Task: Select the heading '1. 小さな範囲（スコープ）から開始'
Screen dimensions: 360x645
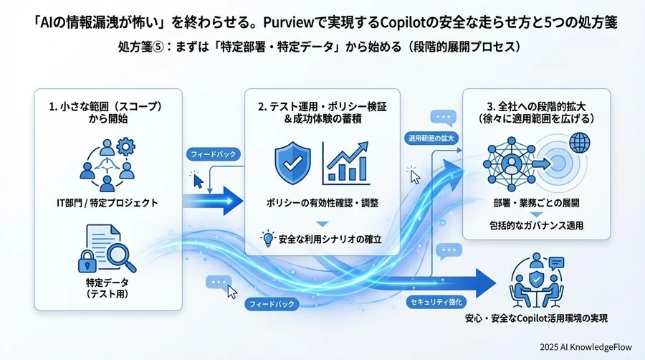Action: (107, 112)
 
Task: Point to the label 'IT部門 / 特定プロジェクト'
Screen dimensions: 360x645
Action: (107, 203)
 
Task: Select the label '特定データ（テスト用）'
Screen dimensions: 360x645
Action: (106, 288)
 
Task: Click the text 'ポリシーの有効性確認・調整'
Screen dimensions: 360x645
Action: (322, 203)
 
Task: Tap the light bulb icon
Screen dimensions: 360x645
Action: (269, 238)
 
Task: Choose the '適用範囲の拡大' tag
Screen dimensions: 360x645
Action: (431, 137)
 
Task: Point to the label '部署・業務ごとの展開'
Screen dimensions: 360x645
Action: (537, 202)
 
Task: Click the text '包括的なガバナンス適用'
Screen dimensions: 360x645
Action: (537, 226)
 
